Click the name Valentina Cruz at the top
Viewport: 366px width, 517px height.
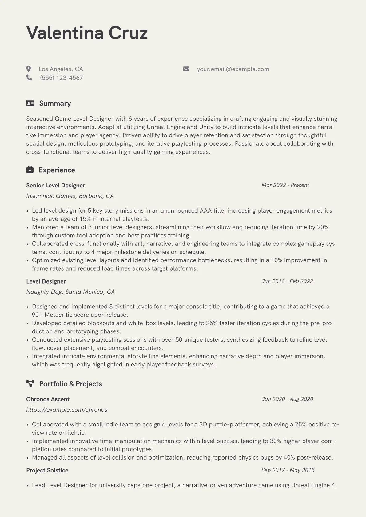pyautogui.click(x=87, y=33)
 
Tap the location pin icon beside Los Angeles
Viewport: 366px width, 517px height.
pyautogui.click(x=29, y=69)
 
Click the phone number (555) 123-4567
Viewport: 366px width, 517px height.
pyautogui.click(x=61, y=78)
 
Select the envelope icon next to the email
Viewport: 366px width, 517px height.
pyautogui.click(x=186, y=69)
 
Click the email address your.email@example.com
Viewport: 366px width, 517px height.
pyautogui.click(x=233, y=69)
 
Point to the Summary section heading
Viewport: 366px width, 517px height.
pyautogui.click(x=55, y=103)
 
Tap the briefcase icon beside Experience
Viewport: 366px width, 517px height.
pyautogui.click(x=30, y=170)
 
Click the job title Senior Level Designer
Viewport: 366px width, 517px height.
pyautogui.click(x=55, y=185)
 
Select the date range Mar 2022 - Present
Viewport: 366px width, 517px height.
pyautogui.click(x=285, y=185)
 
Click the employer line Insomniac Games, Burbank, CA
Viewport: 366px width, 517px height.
pyautogui.click(x=70, y=196)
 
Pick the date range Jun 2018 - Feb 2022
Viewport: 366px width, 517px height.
pyautogui.click(x=287, y=281)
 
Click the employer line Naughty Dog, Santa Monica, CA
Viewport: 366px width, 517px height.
pyautogui.click(x=70, y=292)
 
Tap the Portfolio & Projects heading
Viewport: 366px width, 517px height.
pyautogui.click(x=70, y=384)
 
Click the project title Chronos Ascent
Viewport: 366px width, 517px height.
pyautogui.click(x=48, y=399)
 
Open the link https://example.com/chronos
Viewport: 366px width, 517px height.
pyautogui.click(x=67, y=409)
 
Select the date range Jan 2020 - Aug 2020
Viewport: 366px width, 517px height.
pyautogui.click(x=287, y=399)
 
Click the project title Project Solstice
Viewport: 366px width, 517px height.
pyautogui.click(x=47, y=470)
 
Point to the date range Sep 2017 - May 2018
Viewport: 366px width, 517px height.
pyautogui.click(x=288, y=470)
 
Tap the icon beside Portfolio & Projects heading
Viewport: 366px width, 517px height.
pyautogui.click(x=30, y=383)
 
